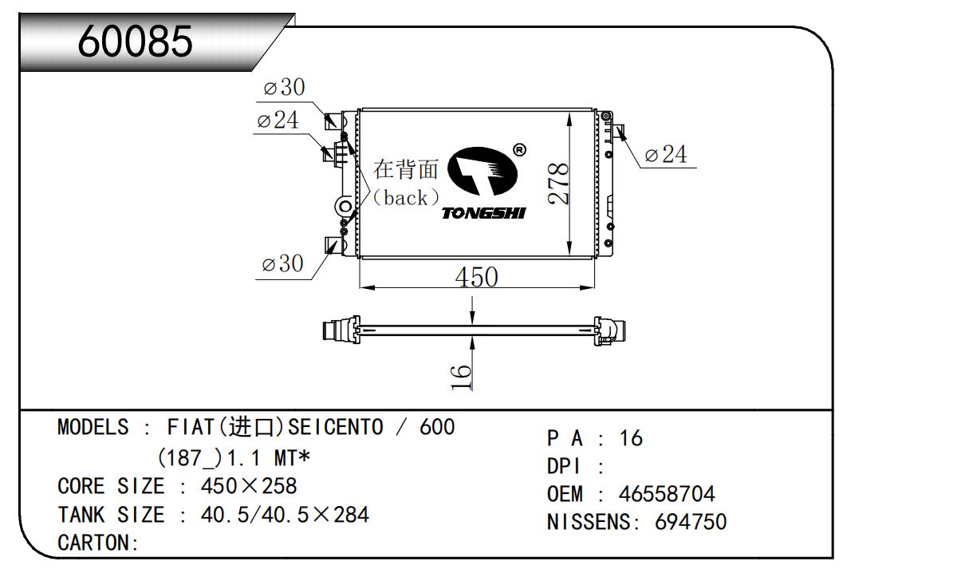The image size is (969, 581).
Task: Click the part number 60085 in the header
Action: (135, 41)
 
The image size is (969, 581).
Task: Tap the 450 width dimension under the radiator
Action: (476, 277)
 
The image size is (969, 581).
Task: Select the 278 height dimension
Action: (558, 183)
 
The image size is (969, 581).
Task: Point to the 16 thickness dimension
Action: (460, 377)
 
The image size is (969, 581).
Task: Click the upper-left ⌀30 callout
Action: (284, 87)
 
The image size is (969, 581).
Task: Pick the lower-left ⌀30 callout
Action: (282, 263)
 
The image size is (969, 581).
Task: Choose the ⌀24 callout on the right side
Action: (665, 154)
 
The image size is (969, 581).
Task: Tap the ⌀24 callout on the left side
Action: (278, 120)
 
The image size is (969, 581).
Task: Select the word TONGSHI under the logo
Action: (483, 213)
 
